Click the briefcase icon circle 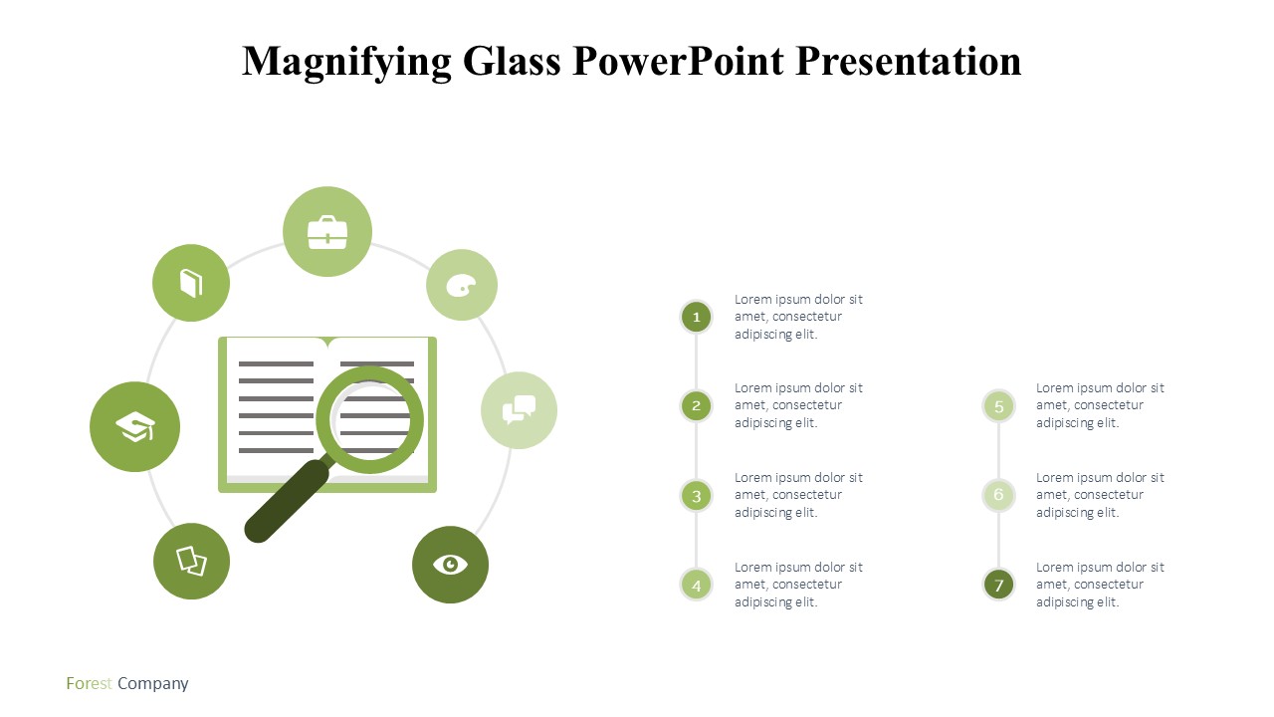(327, 232)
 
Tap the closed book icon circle (191, 283)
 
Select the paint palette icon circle (462, 285)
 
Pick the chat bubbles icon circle (519, 410)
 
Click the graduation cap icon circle (134, 427)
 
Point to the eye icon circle (451, 565)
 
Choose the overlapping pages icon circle (192, 561)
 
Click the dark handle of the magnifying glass (288, 501)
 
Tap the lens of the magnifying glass (370, 420)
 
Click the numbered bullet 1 (696, 317)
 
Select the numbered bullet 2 (696, 405)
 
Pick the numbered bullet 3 (696, 496)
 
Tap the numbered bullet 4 (696, 585)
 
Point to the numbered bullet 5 (998, 406)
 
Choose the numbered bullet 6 (998, 495)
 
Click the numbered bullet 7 (998, 585)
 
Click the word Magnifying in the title (347, 63)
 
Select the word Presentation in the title (909, 61)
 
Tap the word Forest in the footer (90, 683)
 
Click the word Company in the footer (153, 684)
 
